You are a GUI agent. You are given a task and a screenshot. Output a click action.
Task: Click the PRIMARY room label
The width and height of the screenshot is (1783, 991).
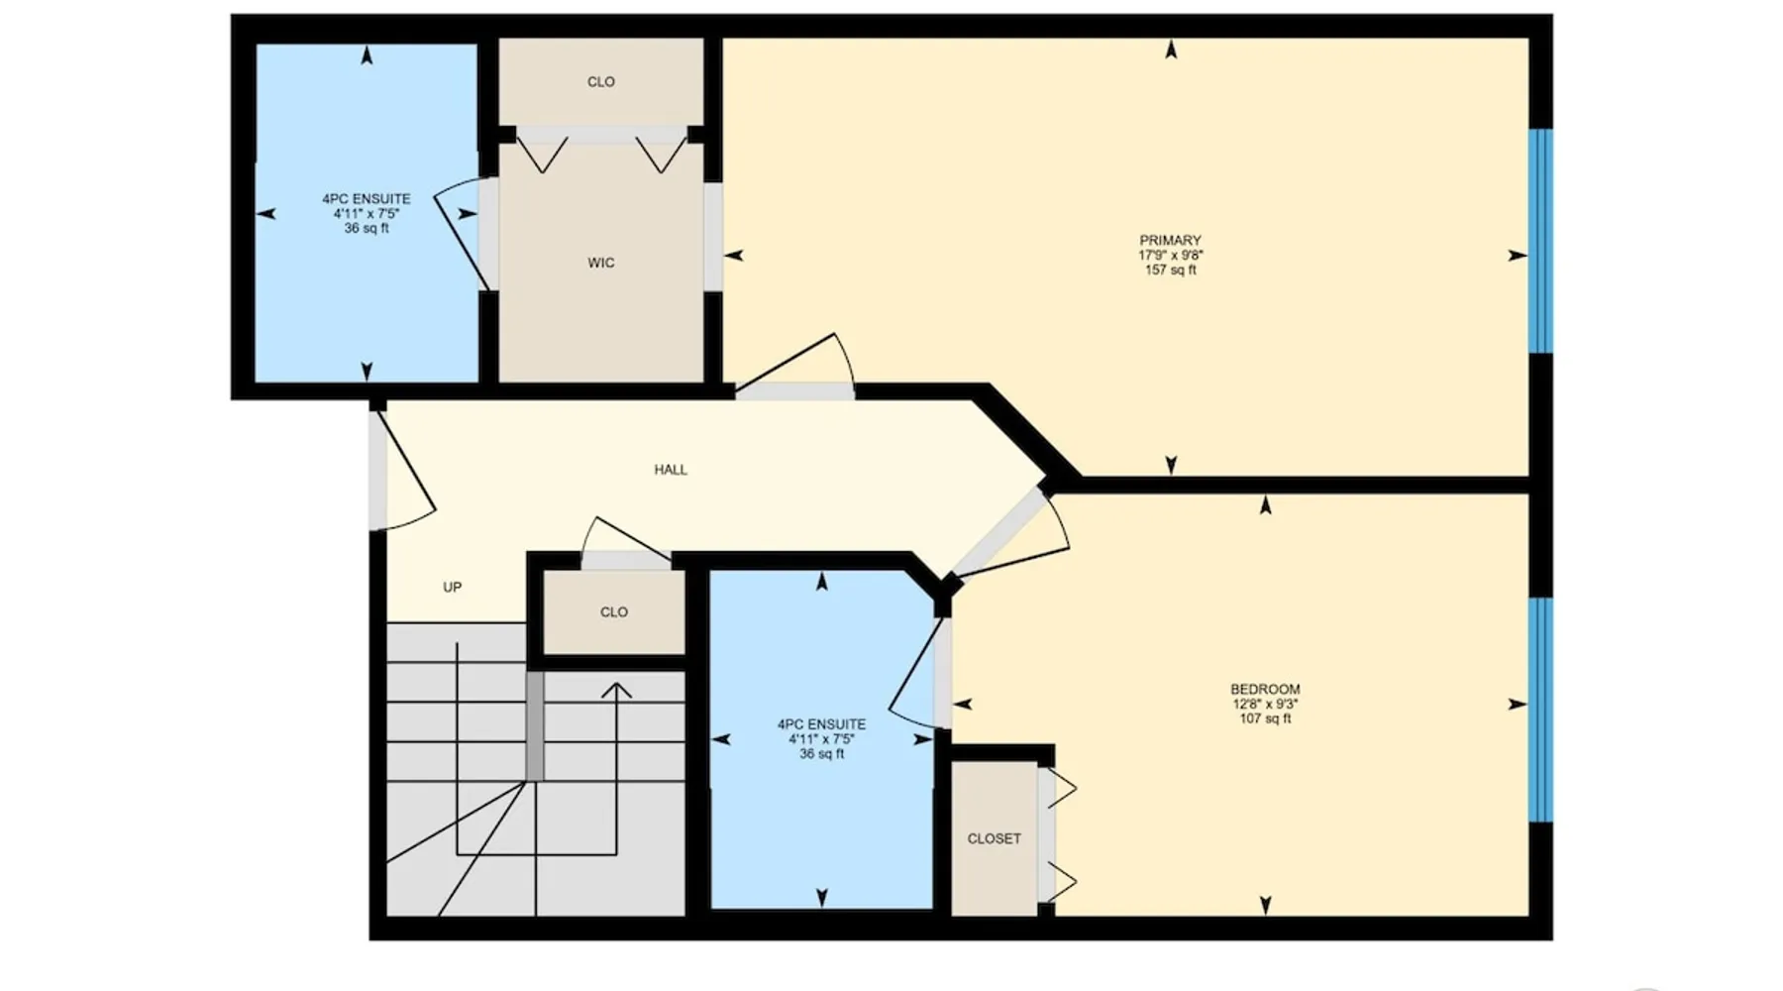click(1170, 240)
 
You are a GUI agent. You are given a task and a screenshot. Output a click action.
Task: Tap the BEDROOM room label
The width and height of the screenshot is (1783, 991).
click(1265, 689)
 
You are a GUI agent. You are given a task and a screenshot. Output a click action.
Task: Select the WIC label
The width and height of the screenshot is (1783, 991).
click(600, 263)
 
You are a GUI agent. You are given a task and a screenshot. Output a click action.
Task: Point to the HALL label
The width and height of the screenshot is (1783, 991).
click(671, 470)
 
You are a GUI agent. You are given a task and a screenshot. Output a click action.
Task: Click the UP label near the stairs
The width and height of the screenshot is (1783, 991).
click(452, 587)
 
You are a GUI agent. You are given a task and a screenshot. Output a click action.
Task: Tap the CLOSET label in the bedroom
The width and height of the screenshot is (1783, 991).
click(994, 838)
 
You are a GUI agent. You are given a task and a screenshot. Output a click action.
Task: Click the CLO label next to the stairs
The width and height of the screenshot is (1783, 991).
click(614, 611)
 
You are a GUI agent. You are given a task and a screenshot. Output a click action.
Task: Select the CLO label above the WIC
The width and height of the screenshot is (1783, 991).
click(601, 81)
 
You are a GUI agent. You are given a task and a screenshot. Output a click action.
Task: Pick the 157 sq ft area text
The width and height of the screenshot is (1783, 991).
click(1171, 270)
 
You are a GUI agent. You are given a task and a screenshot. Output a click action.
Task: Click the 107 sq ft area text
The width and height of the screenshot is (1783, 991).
click(1265, 718)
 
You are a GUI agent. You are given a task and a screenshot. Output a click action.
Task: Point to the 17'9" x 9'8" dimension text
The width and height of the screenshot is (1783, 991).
click(1171, 255)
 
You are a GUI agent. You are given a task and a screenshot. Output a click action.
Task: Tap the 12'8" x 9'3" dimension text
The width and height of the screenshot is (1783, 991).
click(1265, 704)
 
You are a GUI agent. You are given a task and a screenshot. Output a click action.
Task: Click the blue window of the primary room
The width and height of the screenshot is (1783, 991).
click(1540, 241)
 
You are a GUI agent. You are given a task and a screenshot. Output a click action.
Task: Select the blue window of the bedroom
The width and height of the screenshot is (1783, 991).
click(1540, 710)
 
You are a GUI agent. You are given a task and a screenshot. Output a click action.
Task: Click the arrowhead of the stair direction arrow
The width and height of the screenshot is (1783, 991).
click(616, 690)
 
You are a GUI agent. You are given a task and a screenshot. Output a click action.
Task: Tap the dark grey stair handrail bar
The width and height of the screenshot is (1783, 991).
click(535, 726)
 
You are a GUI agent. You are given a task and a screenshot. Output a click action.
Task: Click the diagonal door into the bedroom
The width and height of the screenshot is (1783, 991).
click(999, 532)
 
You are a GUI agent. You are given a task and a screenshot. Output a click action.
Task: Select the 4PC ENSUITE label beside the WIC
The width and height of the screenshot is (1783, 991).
click(367, 199)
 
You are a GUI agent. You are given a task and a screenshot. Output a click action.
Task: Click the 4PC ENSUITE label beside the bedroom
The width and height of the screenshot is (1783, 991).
click(821, 724)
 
